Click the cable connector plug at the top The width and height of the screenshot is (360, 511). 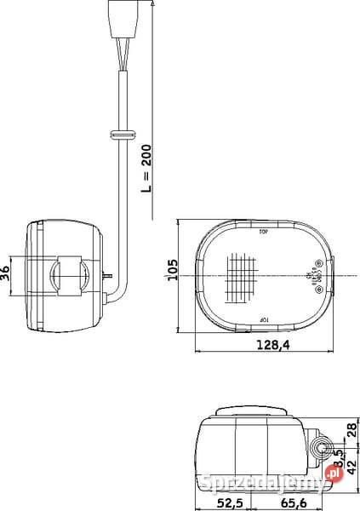120,18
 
